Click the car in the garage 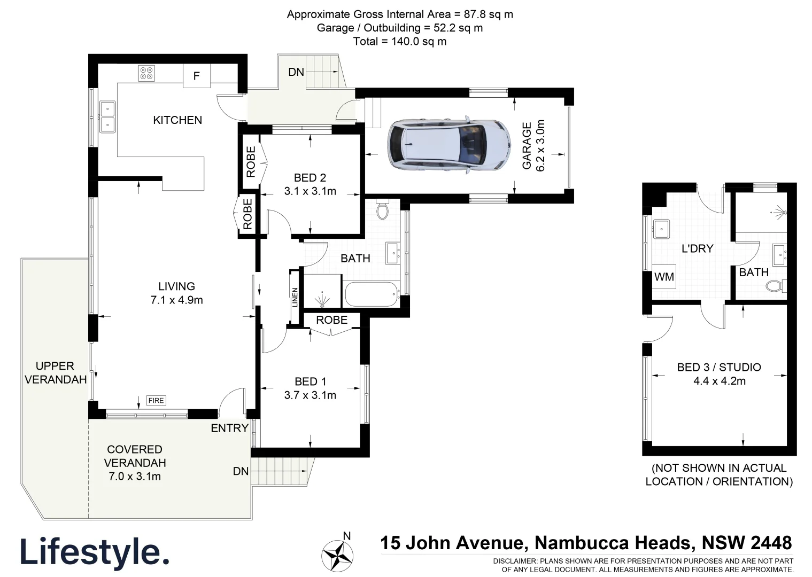click(450, 145)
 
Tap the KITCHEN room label click(177, 120)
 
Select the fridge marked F click(196, 76)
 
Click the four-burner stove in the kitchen click(146, 73)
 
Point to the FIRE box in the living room click(156, 400)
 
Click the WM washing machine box click(664, 277)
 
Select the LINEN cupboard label click(295, 298)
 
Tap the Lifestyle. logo click(95, 552)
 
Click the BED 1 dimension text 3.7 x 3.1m click(310, 395)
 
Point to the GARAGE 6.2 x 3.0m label click(533, 146)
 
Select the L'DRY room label click(697, 248)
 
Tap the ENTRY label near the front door click(229, 428)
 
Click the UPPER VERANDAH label click(55, 373)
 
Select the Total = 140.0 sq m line click(399, 41)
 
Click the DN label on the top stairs click(296, 72)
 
